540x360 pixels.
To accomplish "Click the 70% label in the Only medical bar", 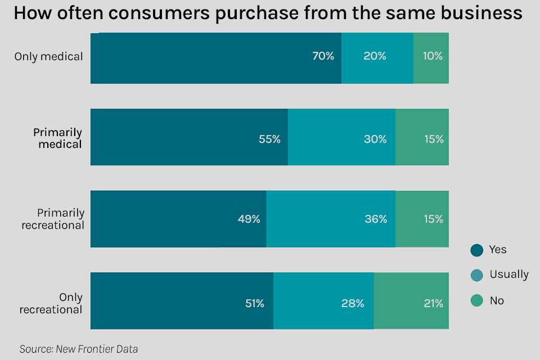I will click(x=323, y=56).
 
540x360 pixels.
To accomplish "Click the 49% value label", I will click(x=249, y=219).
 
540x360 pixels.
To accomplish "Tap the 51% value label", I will click(x=254, y=303).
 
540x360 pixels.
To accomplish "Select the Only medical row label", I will click(x=48, y=56).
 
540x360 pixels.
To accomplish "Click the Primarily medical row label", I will click(x=57, y=138).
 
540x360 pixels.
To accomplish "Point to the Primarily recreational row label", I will click(x=53, y=219).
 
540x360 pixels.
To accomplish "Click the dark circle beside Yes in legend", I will click(x=477, y=250).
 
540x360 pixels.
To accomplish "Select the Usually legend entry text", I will click(x=509, y=274).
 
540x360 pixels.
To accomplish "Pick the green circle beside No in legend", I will click(x=477, y=301).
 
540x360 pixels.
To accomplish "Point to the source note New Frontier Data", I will click(x=78, y=349).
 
